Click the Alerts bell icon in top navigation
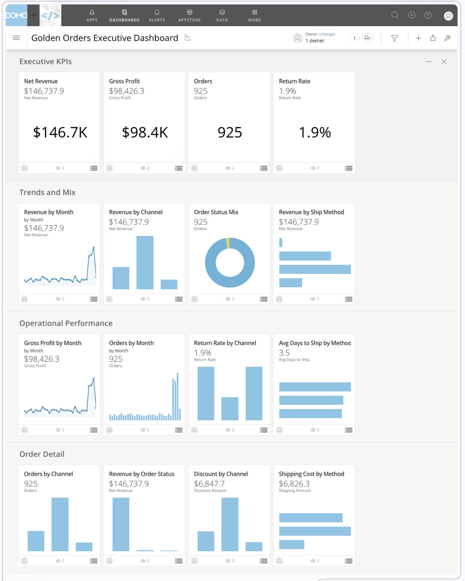(157, 12)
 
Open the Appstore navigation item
(189, 16)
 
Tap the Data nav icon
(222, 12)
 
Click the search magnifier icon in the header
(395, 15)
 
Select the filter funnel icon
(394, 38)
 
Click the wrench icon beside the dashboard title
(447, 38)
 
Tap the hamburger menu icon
(16, 38)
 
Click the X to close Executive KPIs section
(444, 62)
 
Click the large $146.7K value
(60, 132)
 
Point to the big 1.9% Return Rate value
(315, 132)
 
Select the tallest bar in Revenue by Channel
(145, 263)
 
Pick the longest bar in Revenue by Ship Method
(315, 269)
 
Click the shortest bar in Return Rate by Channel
(230, 409)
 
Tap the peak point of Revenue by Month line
(94, 248)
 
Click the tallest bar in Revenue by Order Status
(121, 524)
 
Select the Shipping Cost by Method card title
(312, 474)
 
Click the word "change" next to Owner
(327, 34)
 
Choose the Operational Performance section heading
(66, 323)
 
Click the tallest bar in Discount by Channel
(230, 524)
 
